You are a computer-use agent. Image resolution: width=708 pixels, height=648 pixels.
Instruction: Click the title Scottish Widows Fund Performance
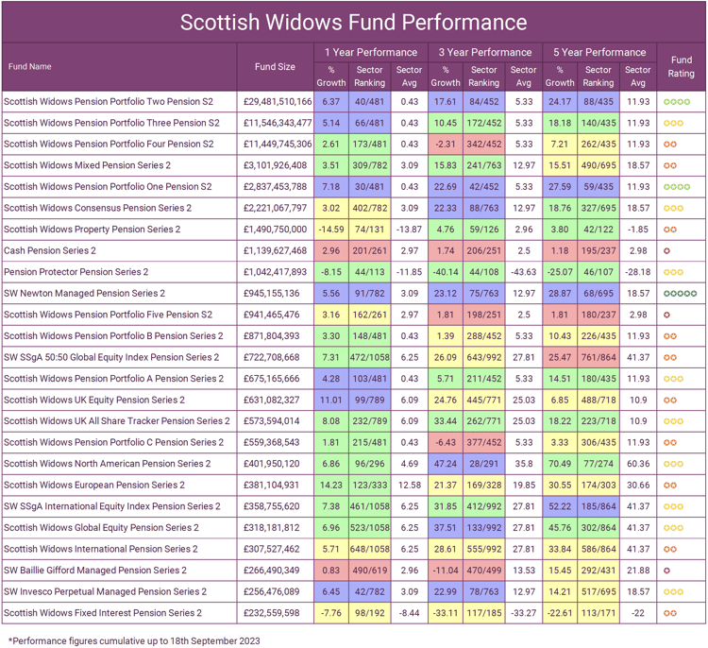tap(353, 21)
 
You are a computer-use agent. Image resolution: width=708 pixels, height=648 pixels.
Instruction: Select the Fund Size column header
tap(275, 67)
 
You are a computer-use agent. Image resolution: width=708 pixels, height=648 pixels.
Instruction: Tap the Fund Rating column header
tap(681, 66)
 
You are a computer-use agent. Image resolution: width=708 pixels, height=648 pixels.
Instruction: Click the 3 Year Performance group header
tap(484, 52)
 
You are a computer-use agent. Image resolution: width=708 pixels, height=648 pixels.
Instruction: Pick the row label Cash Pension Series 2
tap(50, 250)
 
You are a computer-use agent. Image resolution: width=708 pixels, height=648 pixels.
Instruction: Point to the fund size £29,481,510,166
tap(277, 101)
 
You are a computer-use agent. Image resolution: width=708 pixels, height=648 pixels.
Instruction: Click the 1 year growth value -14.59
tap(330, 230)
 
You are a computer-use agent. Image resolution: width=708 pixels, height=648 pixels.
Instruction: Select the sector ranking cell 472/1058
tap(369, 357)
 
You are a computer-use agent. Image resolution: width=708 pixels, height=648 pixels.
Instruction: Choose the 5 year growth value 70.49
tap(560, 464)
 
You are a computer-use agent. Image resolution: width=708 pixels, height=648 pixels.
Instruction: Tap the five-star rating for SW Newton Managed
tap(681, 294)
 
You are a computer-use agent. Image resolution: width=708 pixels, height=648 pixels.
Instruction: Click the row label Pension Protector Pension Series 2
tap(76, 272)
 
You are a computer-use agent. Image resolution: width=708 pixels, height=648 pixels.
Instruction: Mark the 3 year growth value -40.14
tap(445, 272)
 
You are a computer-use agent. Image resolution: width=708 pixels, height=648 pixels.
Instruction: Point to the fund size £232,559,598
tap(275, 613)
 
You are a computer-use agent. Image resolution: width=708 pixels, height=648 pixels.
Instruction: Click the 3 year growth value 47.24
tap(445, 464)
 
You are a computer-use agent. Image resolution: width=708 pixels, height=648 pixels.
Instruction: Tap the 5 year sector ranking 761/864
tap(598, 357)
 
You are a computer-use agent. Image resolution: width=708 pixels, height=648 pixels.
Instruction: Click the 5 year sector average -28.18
tap(638, 272)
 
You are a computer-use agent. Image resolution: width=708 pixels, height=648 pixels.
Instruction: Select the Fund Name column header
tap(30, 67)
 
